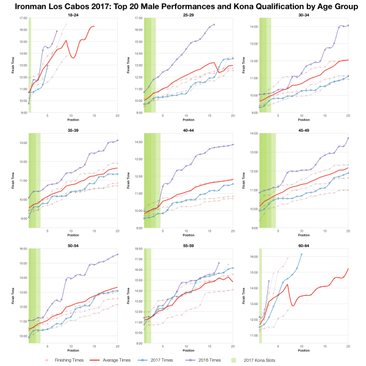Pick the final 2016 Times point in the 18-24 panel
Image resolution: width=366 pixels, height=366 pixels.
pos(57,30)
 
